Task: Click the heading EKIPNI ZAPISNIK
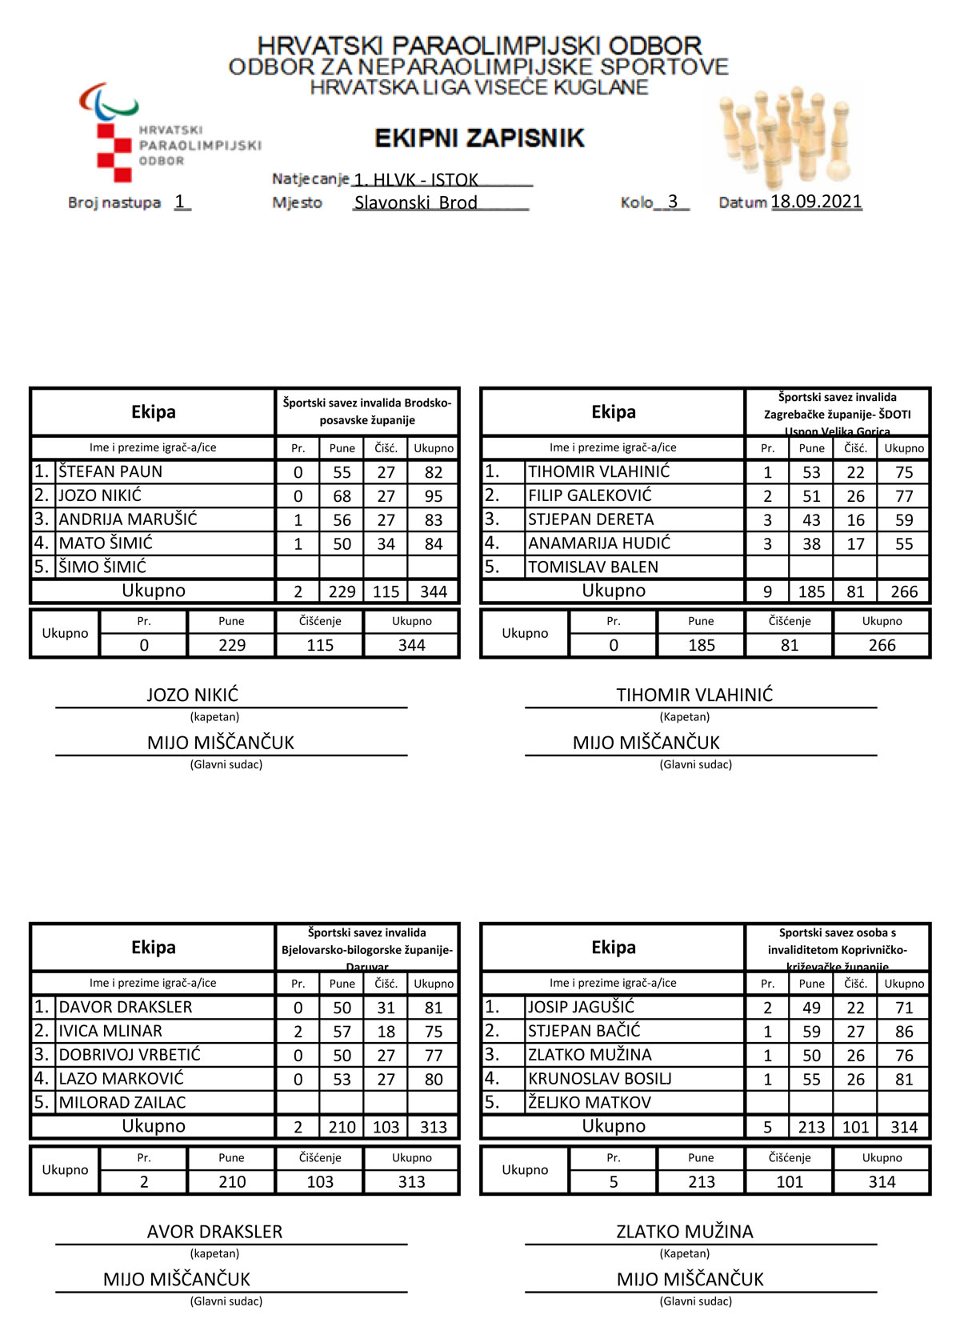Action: [x=479, y=138]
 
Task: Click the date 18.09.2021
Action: [x=816, y=202]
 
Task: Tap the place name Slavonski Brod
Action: [x=415, y=202]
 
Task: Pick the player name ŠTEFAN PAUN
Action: [x=110, y=471]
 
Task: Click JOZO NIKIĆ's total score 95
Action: [x=434, y=496]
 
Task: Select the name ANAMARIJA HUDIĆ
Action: [x=599, y=543]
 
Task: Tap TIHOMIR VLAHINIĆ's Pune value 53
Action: [x=811, y=472]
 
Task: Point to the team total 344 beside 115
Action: [x=434, y=591]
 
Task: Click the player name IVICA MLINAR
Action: [x=110, y=1031]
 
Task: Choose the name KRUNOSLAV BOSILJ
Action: [x=599, y=1079]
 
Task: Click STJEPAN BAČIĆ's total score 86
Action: [x=904, y=1032]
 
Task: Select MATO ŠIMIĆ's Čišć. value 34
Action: [x=386, y=544]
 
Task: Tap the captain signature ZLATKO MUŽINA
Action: [x=685, y=1232]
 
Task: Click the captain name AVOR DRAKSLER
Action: [x=214, y=1232]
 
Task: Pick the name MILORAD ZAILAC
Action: [x=122, y=1102]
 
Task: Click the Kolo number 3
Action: [x=673, y=202]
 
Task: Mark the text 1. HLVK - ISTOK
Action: [x=416, y=179]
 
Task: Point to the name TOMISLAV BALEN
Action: [x=593, y=567]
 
